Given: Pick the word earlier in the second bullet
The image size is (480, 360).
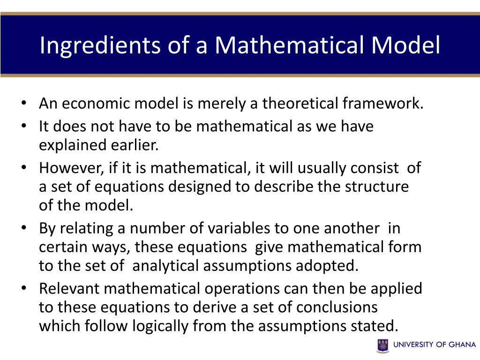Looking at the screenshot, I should coord(135,145).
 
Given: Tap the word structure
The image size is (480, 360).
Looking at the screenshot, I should coord(377,187).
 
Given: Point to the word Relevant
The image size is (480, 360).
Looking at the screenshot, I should coord(69,288).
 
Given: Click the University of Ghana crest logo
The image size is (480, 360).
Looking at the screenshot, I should coord(383,345).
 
